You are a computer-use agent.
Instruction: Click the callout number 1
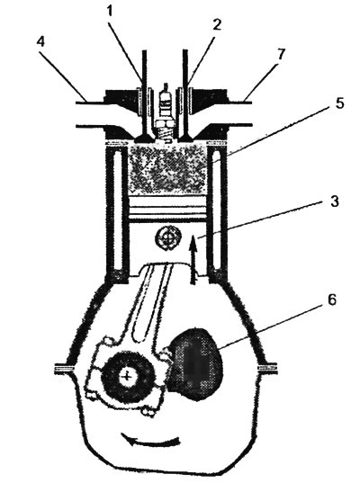click(x=110, y=12)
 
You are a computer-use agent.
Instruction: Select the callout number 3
click(x=334, y=201)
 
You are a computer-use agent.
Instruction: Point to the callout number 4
click(x=40, y=41)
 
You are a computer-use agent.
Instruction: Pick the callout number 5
click(x=338, y=103)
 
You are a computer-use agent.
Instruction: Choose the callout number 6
click(x=331, y=300)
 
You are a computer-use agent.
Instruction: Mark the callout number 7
click(x=280, y=55)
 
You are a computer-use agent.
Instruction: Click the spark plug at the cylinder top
click(x=166, y=112)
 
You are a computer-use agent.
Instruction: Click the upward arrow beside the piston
click(x=193, y=259)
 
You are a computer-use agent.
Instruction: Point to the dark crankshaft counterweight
click(x=195, y=364)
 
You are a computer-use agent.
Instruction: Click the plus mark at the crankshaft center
click(x=126, y=375)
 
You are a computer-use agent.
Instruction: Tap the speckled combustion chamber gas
click(x=167, y=169)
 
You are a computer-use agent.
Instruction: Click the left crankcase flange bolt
click(x=64, y=369)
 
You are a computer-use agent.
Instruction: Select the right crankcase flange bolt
click(x=267, y=369)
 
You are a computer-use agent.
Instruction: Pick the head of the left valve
click(x=144, y=138)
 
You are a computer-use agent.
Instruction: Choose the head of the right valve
click(x=187, y=138)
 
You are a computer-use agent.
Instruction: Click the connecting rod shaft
click(x=151, y=300)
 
